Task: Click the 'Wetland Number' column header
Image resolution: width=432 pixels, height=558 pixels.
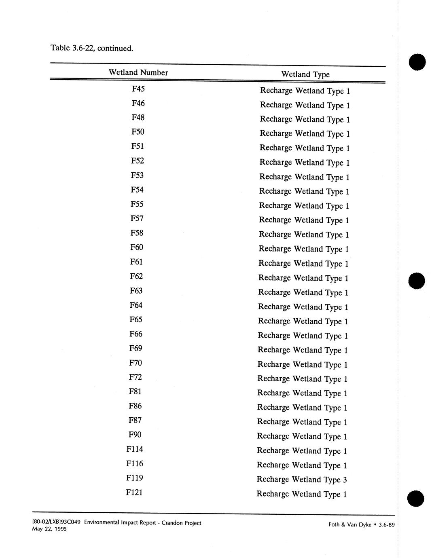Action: click(x=138, y=73)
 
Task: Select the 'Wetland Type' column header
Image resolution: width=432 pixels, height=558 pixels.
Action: click(x=305, y=74)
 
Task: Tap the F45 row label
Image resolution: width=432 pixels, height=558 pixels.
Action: click(x=138, y=89)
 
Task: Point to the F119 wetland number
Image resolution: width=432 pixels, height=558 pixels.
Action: click(x=134, y=478)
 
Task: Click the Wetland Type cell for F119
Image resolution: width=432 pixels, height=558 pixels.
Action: click(x=302, y=480)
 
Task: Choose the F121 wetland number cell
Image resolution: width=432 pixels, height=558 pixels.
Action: click(x=134, y=492)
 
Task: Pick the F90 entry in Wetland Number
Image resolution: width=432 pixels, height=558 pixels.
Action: click(x=135, y=435)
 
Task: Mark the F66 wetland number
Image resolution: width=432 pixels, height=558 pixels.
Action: click(x=136, y=334)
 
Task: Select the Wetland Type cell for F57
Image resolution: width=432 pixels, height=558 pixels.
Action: click(x=304, y=220)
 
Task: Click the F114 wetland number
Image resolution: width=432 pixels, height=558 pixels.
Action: click(x=135, y=449)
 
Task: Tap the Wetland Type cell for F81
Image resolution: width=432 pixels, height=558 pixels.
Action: click(x=302, y=393)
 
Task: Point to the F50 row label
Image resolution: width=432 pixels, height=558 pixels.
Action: click(x=138, y=132)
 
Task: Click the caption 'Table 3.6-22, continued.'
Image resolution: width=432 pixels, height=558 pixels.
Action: click(x=91, y=49)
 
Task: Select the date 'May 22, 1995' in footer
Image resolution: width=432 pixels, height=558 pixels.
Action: click(x=49, y=529)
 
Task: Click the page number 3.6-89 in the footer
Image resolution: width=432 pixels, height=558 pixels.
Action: click(x=387, y=525)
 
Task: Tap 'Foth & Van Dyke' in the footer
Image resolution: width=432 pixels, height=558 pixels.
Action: click(x=350, y=525)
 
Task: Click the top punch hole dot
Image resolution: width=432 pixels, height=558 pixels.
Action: click(x=417, y=62)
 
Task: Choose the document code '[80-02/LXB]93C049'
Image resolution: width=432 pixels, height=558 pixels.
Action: click(x=56, y=522)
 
